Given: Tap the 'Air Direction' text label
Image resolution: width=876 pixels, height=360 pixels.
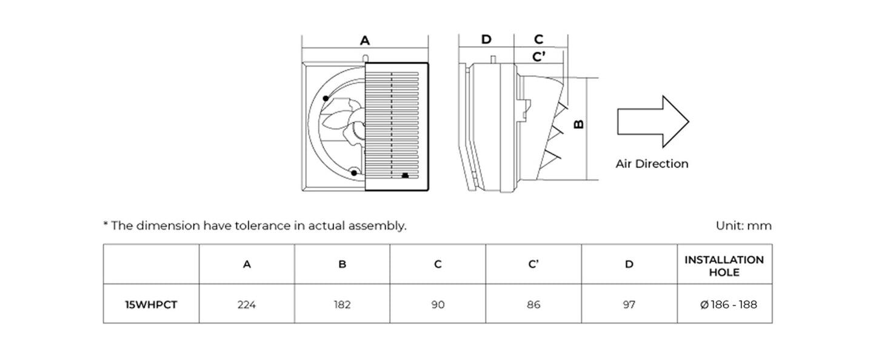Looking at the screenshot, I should click(x=652, y=164).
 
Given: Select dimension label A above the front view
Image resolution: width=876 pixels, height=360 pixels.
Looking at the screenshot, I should click(x=364, y=41).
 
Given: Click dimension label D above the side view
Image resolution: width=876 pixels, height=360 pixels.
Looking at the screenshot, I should click(x=486, y=39).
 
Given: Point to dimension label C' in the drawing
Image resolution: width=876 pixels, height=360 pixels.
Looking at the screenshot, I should click(x=538, y=57).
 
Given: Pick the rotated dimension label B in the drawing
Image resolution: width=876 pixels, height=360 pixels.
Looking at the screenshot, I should click(x=579, y=124).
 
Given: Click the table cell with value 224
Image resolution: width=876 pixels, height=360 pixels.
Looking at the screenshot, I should click(x=247, y=304).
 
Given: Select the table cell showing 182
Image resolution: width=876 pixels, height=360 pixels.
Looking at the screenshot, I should click(x=342, y=304).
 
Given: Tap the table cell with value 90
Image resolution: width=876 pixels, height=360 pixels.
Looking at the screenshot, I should click(x=438, y=304).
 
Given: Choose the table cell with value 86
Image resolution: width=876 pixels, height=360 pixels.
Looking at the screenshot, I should click(x=533, y=304).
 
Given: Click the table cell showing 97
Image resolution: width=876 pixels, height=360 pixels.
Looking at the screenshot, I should click(x=629, y=304).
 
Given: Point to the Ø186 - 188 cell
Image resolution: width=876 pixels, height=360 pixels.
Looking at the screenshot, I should click(x=724, y=304).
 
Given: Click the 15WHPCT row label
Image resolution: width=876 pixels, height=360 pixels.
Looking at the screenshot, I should click(x=151, y=304).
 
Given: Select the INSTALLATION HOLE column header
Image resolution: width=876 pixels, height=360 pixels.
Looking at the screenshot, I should click(x=724, y=265).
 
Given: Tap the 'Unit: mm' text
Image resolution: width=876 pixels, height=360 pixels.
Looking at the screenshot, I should click(x=743, y=226).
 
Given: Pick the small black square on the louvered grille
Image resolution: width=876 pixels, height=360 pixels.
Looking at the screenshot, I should click(x=405, y=176).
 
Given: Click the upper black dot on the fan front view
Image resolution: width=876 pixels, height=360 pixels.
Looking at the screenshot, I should click(x=326, y=98).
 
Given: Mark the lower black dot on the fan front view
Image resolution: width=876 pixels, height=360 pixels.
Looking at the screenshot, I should click(x=353, y=175).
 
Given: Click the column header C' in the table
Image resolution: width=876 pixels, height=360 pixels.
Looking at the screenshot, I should click(x=533, y=264).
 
